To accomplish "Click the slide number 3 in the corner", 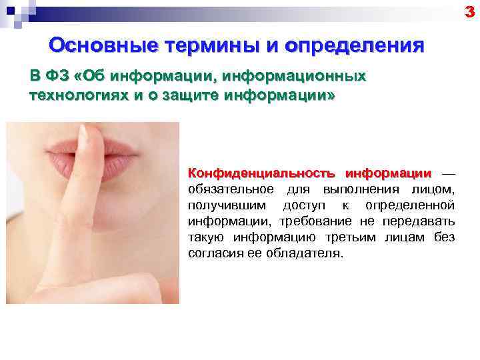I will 472,10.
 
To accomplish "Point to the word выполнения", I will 362,190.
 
